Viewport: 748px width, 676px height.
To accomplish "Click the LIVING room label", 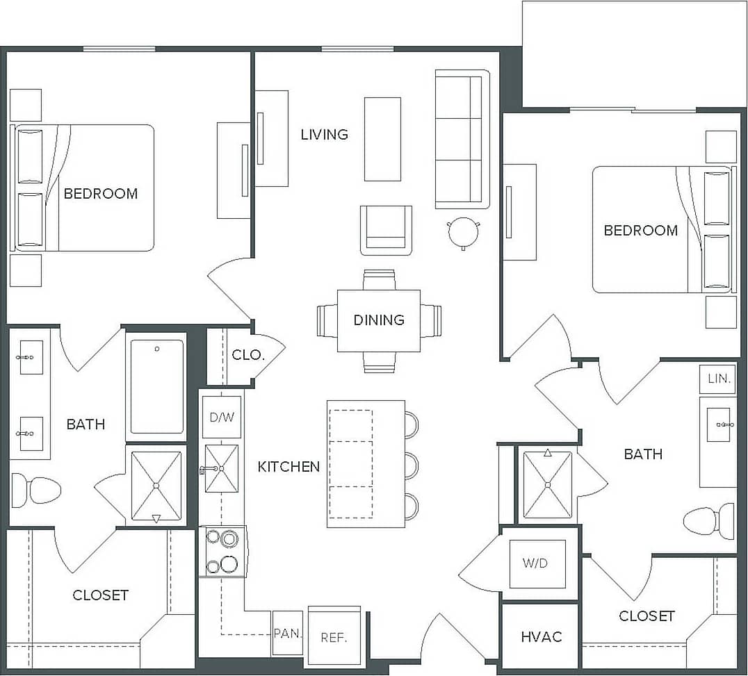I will tap(324, 134).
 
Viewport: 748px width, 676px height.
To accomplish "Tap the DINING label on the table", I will tap(379, 320).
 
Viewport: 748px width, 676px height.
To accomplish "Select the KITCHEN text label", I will tap(288, 467).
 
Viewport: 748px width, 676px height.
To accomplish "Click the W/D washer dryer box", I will tap(535, 563).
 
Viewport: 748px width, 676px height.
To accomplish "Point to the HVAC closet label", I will tap(541, 636).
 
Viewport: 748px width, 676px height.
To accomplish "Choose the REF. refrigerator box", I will tap(334, 638).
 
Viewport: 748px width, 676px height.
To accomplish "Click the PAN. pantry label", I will tap(287, 633).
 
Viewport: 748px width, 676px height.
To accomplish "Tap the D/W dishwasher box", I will tap(221, 417).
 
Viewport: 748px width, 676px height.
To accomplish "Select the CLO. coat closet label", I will tap(247, 354).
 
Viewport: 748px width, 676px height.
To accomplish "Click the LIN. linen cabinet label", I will tap(718, 379).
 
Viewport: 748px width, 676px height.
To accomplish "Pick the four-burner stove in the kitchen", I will tap(221, 552).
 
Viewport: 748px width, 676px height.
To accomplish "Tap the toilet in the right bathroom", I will tap(709, 520).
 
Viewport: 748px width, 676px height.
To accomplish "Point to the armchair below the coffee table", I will tap(386, 229).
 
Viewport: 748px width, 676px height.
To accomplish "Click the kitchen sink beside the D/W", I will tap(222, 468).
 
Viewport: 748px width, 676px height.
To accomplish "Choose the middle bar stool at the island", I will tap(412, 465).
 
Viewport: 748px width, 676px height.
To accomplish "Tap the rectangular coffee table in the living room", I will tap(382, 139).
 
